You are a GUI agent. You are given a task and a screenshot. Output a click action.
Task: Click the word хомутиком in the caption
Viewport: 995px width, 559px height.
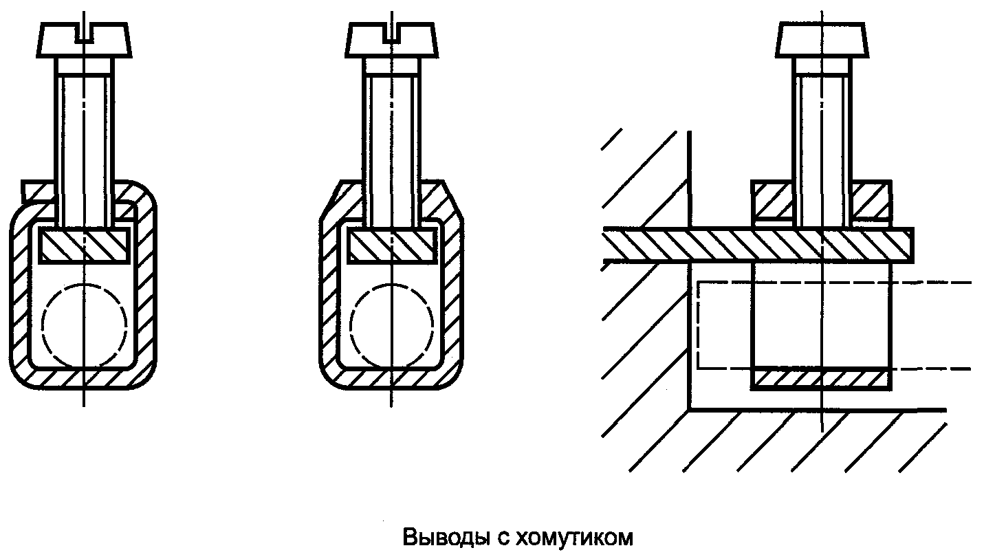point(574,538)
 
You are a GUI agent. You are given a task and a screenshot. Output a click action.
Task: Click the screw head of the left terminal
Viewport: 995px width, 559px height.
point(84,40)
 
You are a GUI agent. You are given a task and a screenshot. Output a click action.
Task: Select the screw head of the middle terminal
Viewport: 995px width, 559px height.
point(391,40)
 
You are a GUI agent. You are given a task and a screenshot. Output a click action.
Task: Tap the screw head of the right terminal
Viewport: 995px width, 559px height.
point(822,40)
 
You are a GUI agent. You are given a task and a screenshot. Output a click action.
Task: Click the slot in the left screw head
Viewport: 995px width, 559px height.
point(84,33)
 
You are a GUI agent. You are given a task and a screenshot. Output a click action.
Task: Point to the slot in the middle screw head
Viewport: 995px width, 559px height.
point(391,33)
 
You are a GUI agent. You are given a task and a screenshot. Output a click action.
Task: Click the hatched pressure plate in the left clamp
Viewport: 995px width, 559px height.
point(85,245)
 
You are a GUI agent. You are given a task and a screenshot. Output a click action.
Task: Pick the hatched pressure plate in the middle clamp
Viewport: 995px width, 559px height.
point(391,245)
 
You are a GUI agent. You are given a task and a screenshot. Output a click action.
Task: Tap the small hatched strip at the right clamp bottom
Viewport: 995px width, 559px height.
point(821,379)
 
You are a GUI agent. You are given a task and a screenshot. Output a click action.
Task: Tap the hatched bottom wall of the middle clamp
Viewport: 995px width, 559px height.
point(391,379)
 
